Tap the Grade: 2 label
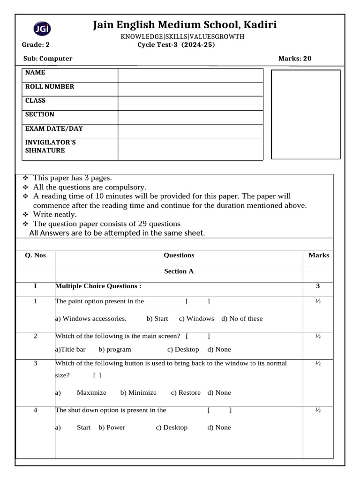[x=36, y=45]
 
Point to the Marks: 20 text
[x=294, y=59]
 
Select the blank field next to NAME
[x=190, y=75]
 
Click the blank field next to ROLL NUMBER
[x=190, y=89]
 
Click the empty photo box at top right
[x=306, y=114]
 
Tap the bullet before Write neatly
[x=25, y=214]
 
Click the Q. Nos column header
[x=35, y=255]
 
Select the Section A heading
[x=179, y=271]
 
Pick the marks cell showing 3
[x=318, y=286]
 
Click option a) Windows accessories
[x=91, y=319]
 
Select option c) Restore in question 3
[x=186, y=393]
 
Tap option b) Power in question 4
[x=112, y=427]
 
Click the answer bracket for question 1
[x=197, y=301]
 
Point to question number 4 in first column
[x=35, y=410]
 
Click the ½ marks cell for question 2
[x=318, y=336]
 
